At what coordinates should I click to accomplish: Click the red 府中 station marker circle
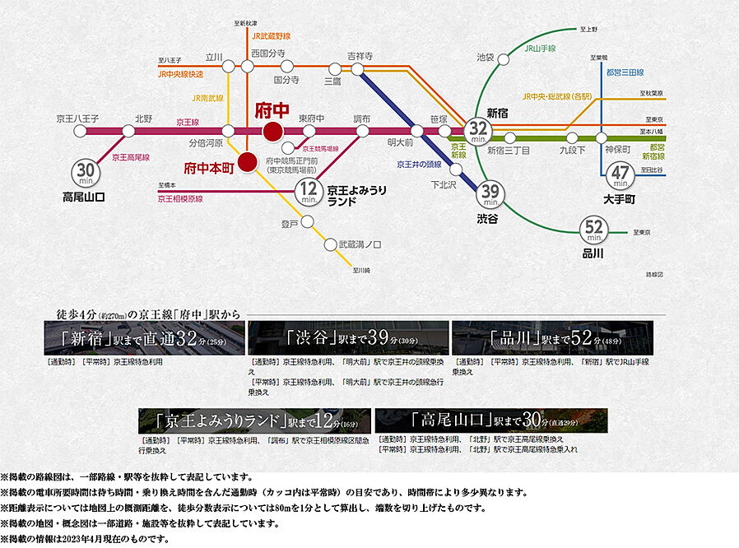coord(272,131)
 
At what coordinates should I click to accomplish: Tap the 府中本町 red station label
coord(210,165)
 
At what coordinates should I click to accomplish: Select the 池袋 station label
coord(486,57)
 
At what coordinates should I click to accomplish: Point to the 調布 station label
coord(362,118)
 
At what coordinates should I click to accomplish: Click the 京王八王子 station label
coord(77,118)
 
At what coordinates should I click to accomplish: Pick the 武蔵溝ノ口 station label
coord(360,244)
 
